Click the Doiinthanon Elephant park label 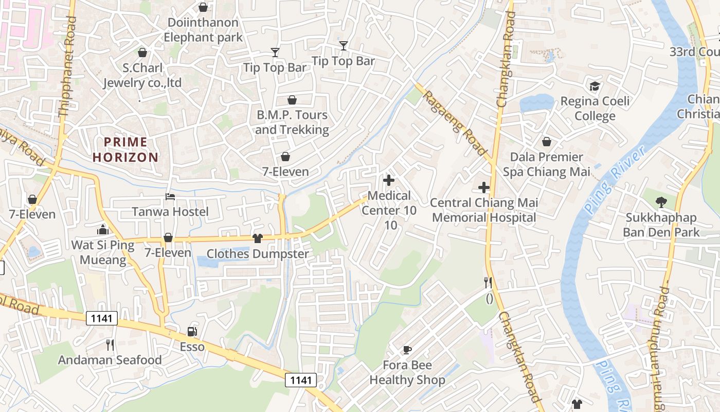coord(203,30)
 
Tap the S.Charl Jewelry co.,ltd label coord(142,75)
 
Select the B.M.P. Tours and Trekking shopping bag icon coord(292,100)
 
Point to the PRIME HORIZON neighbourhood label coord(125,149)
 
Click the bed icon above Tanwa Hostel coord(170,197)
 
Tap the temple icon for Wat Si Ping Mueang coord(103,230)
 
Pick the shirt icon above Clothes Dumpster coord(258,238)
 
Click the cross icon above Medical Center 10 coord(389,180)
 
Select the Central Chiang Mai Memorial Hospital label coord(484,210)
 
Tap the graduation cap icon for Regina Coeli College coord(595,86)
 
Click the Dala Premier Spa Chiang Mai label coord(547,164)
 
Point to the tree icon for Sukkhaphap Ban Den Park coord(661,202)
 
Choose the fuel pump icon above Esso coord(192,332)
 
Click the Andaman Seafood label coord(110,360)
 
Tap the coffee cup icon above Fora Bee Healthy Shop coord(407,350)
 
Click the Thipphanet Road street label coord(67,67)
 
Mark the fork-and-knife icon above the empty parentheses coord(488,282)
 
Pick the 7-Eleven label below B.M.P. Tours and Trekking coord(285,172)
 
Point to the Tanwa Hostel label coord(170,212)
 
